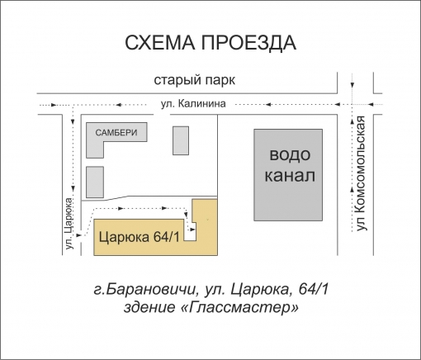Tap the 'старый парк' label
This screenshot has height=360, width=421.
tap(195, 81)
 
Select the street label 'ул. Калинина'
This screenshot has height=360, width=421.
tap(193, 104)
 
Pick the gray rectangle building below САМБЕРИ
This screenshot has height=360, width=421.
tap(96, 182)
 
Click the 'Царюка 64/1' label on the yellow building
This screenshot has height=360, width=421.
tap(139, 238)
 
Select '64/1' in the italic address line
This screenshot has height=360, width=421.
tap(314, 290)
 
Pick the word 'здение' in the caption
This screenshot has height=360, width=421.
tap(149, 308)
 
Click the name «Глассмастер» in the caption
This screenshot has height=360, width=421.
tap(244, 308)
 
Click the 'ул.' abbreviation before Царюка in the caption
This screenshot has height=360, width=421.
tap(212, 290)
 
